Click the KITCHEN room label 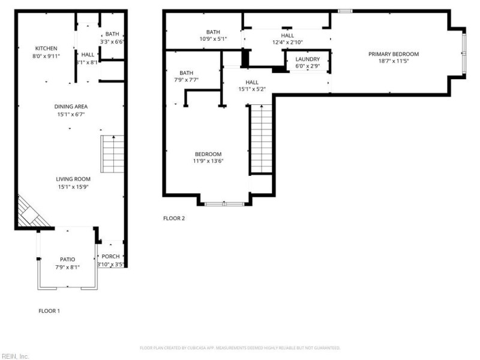[x=46, y=48]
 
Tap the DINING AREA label [x=71, y=106]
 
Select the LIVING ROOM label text [x=73, y=179]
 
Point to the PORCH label [x=111, y=257]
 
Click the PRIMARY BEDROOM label [x=393, y=54]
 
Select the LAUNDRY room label [x=307, y=59]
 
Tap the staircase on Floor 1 [x=112, y=154]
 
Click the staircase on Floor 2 [x=261, y=139]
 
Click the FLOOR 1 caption [x=49, y=311]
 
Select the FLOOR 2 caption [x=174, y=218]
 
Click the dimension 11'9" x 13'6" [x=208, y=161]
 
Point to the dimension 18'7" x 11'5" [x=393, y=61]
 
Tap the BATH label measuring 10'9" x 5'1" [x=213, y=32]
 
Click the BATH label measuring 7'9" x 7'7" [x=186, y=73]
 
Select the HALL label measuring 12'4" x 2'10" [x=287, y=35]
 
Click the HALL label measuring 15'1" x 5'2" [x=251, y=82]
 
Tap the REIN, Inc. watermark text [x=15, y=356]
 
